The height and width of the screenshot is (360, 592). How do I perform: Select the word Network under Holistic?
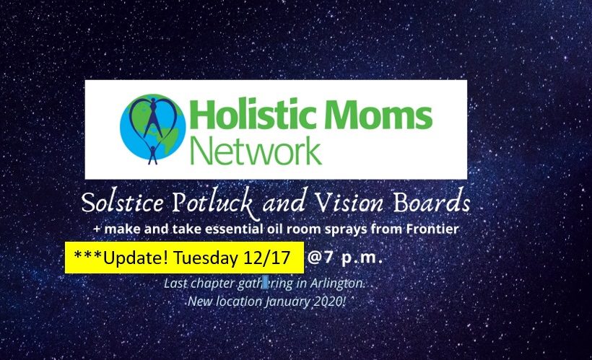256,151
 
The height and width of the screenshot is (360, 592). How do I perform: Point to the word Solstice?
123,202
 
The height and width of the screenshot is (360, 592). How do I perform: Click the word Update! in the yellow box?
136,258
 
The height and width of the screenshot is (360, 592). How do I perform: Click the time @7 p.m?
345,258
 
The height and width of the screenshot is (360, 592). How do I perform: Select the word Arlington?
336,284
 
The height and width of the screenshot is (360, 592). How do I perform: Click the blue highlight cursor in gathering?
265,283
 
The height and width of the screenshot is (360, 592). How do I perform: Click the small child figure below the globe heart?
152,155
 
